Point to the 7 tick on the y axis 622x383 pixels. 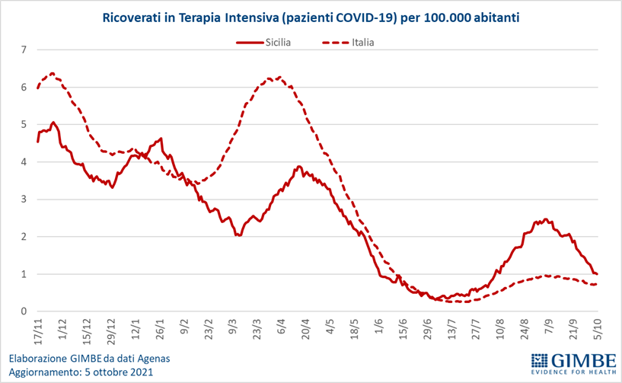[24, 50]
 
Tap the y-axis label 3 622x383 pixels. [24, 199]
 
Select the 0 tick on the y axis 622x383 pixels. [24, 311]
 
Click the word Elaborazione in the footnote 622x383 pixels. [37, 358]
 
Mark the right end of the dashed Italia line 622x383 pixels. [596, 284]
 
